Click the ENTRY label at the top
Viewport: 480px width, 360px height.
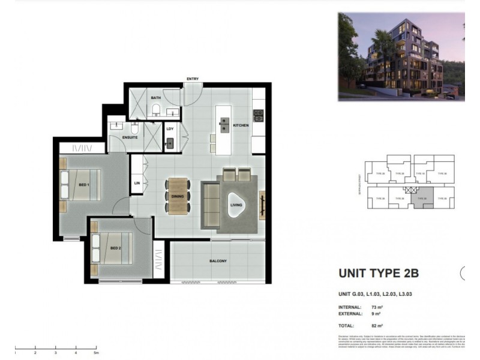coord(193,79)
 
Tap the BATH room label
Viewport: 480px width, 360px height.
coord(155,98)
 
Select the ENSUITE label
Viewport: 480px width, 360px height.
coord(130,137)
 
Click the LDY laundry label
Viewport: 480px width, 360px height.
coord(170,128)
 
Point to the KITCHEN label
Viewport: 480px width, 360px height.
coord(241,125)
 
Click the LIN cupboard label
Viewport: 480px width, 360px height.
coord(137,183)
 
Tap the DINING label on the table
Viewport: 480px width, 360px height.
coord(178,196)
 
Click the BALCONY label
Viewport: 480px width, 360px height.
coord(218,260)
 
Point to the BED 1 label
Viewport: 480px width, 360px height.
coord(83,185)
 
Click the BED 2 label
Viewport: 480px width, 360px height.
coord(116,247)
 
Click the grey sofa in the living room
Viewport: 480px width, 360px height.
coord(209,205)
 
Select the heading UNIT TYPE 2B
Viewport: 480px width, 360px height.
coord(379,274)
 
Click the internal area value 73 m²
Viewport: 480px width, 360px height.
coord(377,307)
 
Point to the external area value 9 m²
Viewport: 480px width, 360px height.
coord(376,313)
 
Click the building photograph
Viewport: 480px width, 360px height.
coord(401,56)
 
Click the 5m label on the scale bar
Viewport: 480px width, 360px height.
coord(95,353)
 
